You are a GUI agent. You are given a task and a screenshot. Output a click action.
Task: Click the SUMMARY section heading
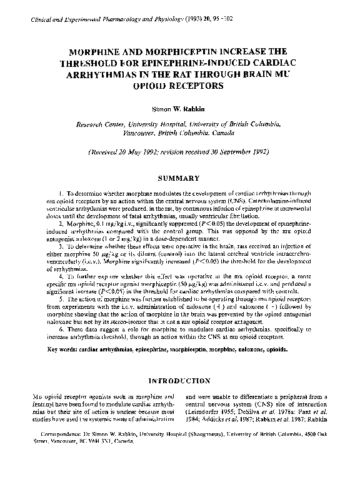pos(180,178)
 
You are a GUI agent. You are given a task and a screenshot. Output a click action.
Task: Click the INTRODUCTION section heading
pos(180,380)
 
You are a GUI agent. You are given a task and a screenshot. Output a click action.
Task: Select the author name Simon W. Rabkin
pos(180,108)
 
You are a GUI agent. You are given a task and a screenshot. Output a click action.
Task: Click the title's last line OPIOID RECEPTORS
pos(180,85)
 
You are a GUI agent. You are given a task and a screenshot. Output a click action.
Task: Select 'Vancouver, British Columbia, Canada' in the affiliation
pos(180,133)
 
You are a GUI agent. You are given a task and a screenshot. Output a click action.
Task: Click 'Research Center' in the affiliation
pos(99,124)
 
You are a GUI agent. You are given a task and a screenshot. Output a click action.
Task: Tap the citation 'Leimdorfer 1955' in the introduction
pos(214,413)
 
